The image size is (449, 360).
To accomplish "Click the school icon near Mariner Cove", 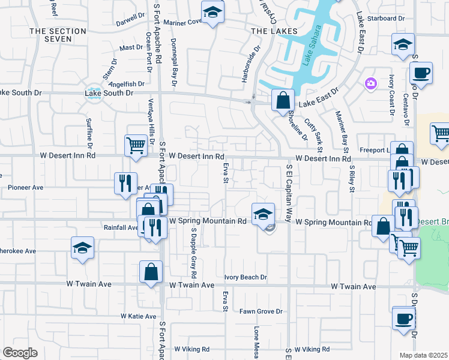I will click(212, 13).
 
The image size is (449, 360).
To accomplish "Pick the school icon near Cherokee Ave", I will click(82, 248).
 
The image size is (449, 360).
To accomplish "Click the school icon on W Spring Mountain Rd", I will click(263, 213).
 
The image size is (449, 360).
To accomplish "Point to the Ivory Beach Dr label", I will click(246, 277).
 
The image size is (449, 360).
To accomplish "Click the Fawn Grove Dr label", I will click(261, 311).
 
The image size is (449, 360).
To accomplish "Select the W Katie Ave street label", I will click(138, 316).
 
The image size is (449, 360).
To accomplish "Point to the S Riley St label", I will click(348, 180).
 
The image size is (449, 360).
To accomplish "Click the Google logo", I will click(20, 353).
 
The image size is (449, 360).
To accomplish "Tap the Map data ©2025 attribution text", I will click(423, 355).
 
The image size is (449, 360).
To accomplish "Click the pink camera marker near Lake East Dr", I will click(371, 82).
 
